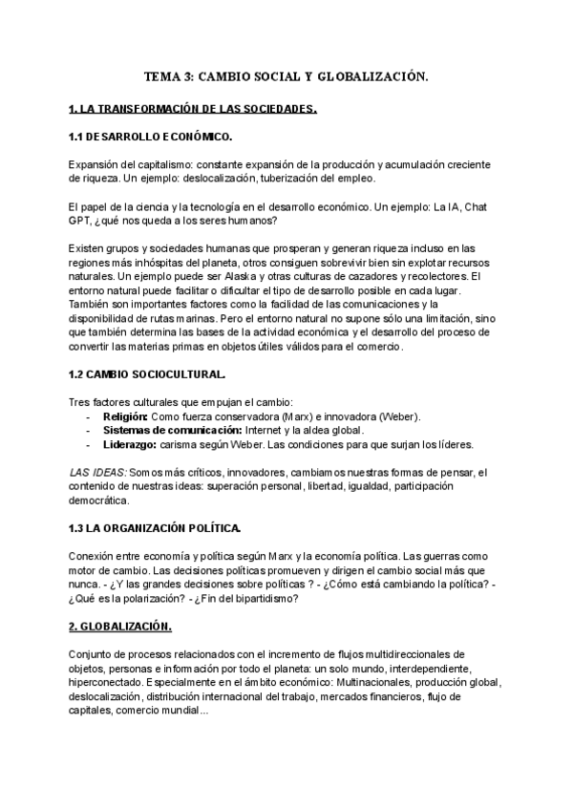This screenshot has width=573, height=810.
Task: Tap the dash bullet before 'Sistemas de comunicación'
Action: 88,432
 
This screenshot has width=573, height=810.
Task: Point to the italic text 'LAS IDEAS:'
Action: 98,472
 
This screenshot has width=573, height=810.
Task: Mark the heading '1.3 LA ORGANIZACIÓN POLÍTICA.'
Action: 155,528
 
